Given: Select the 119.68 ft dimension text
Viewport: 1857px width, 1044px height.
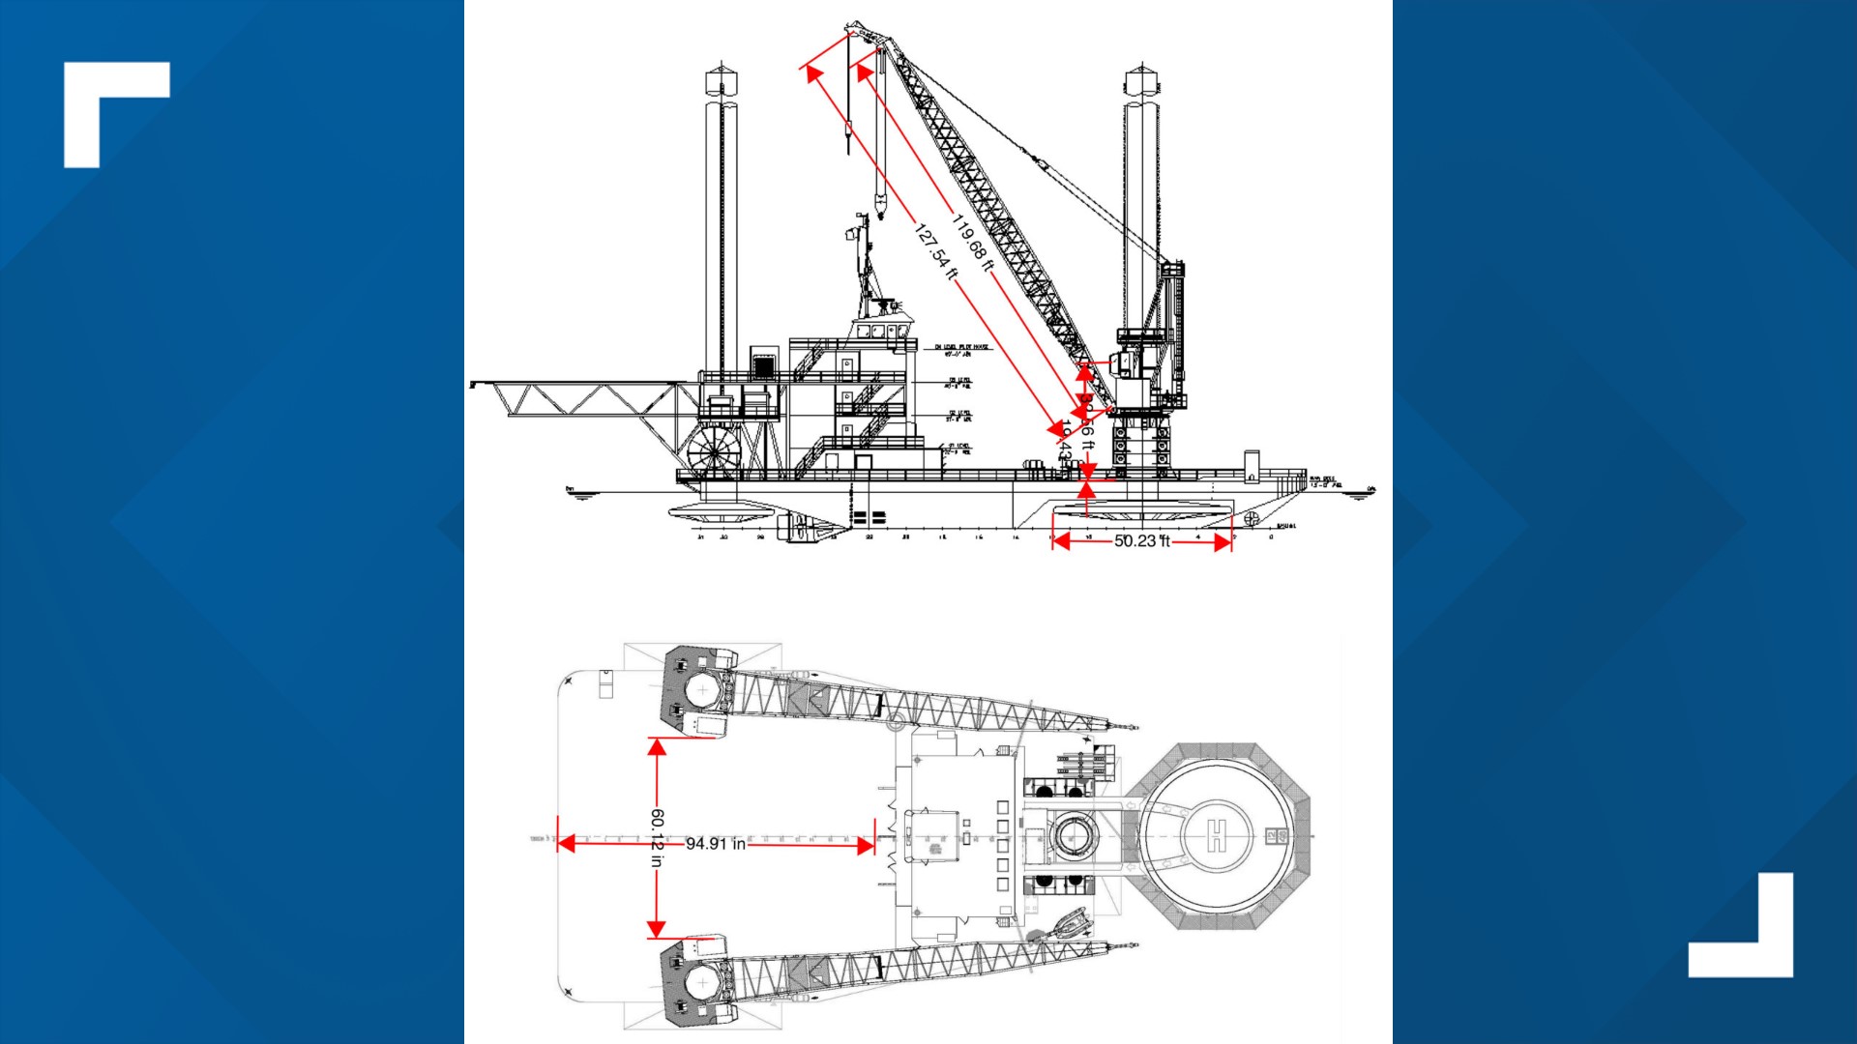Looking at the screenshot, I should [x=972, y=243].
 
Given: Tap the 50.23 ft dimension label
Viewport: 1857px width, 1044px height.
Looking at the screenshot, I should [x=1141, y=541].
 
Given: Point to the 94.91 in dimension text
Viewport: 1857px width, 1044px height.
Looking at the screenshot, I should [x=716, y=844].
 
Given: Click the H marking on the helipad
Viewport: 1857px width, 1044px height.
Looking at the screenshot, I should [x=1217, y=834].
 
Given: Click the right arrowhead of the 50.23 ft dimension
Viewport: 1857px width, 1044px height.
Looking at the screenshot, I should [x=1223, y=542].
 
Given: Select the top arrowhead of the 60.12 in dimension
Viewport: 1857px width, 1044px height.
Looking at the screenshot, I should [x=657, y=746].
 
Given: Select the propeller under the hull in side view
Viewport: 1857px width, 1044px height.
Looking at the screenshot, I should [x=1252, y=519].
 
